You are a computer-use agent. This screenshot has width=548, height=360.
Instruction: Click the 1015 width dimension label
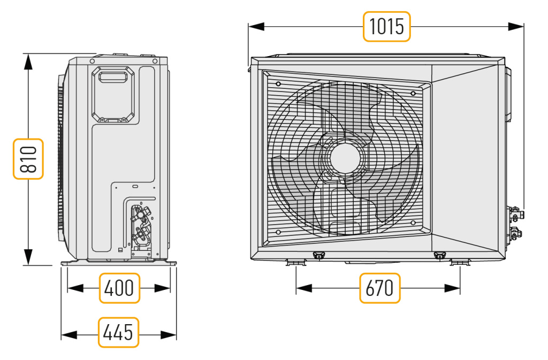pyautogui.click(x=386, y=27)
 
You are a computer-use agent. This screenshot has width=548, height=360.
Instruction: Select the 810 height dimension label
pyautogui.click(x=28, y=159)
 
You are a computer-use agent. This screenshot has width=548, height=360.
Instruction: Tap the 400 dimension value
pyautogui.click(x=119, y=288)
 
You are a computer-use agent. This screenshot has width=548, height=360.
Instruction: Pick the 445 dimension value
pyautogui.click(x=118, y=332)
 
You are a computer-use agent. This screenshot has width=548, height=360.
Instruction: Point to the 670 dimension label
pyautogui.click(x=380, y=288)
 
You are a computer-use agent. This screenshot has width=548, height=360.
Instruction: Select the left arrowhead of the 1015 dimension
pyautogui.click(x=256, y=27)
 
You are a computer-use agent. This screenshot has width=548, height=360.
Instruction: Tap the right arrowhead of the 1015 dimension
pyautogui.click(x=516, y=27)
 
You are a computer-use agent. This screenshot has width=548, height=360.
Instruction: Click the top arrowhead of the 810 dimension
pyautogui.click(x=28, y=62)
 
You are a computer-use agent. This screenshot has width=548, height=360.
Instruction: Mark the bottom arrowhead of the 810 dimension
pyautogui.click(x=28, y=257)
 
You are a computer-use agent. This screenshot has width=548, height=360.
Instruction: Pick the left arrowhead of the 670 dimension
pyautogui.click(x=304, y=288)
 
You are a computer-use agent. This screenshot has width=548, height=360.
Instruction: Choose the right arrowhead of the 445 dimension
pyautogui.click(x=169, y=335)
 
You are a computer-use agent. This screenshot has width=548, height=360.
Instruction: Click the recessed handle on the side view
pyautogui.click(x=113, y=77)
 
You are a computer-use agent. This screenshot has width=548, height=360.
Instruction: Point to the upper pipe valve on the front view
pyautogui.click(x=515, y=213)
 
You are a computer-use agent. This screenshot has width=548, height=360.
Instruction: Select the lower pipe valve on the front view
pyautogui.click(x=515, y=233)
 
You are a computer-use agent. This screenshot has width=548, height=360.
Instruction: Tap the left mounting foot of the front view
pyautogui.click(x=296, y=262)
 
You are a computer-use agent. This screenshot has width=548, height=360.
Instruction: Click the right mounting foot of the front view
pyautogui.click(x=460, y=262)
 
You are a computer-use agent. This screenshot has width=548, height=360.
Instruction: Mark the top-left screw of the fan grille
pyautogui.click(x=278, y=84)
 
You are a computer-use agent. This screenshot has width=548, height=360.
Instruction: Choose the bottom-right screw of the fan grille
pyautogui.click(x=413, y=223)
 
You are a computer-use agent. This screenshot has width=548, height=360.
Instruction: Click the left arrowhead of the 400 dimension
pyautogui.click(x=75, y=288)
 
